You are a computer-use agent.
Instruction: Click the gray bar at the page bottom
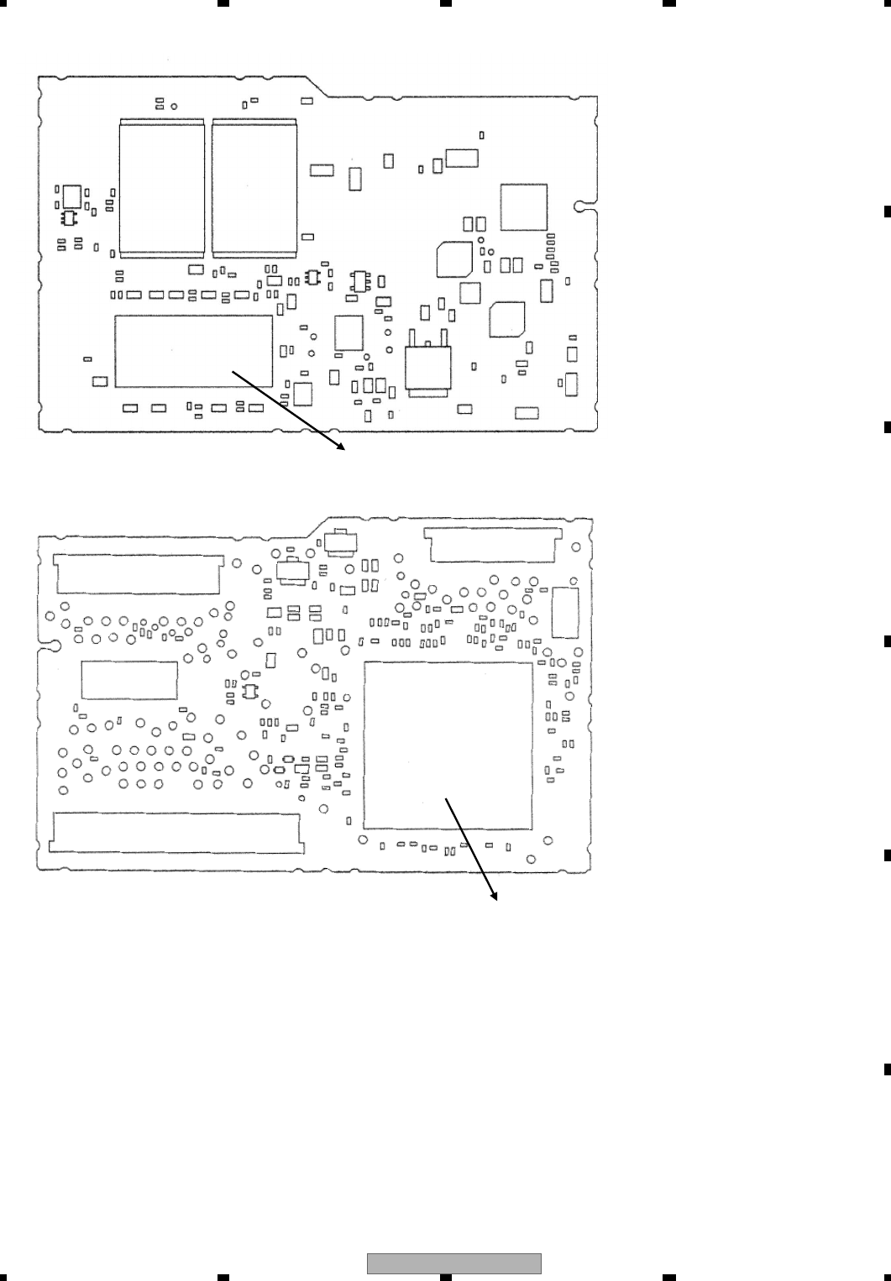click(x=454, y=1264)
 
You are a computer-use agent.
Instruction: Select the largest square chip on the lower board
click(x=448, y=745)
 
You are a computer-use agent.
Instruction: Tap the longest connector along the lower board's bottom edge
click(x=176, y=832)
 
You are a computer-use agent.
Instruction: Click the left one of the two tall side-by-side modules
click(x=162, y=187)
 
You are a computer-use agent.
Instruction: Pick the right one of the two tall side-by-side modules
click(x=254, y=187)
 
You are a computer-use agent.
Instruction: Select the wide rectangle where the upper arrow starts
click(x=193, y=351)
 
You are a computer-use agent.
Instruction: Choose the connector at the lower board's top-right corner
click(x=492, y=545)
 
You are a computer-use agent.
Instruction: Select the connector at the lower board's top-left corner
click(x=138, y=573)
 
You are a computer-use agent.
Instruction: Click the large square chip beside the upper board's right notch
click(x=524, y=207)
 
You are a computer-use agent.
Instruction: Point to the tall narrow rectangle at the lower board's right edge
click(x=566, y=613)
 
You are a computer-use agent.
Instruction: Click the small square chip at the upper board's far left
click(x=72, y=196)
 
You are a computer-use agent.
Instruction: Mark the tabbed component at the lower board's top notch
click(x=339, y=542)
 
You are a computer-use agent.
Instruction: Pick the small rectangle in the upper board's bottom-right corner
click(x=527, y=413)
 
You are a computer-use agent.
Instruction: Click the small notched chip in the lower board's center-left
click(x=249, y=691)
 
